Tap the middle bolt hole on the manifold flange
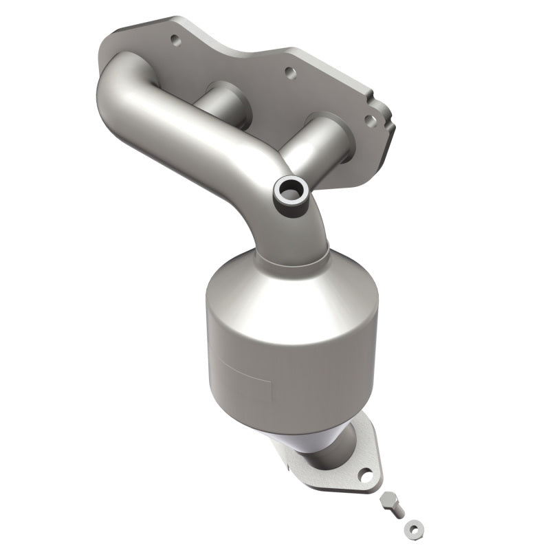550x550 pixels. [289, 70]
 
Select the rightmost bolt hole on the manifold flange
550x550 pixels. [371, 120]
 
